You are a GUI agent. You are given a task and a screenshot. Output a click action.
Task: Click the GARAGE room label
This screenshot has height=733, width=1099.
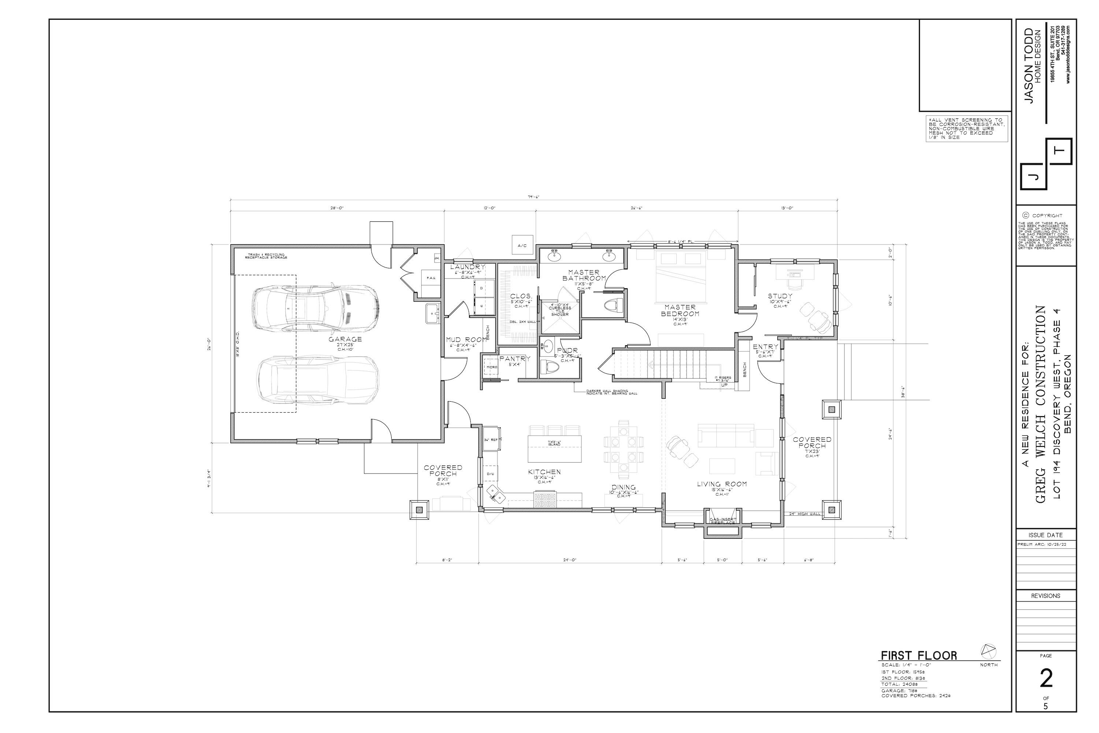click(345, 339)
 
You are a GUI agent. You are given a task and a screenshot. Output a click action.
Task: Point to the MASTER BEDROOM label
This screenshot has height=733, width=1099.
click(680, 310)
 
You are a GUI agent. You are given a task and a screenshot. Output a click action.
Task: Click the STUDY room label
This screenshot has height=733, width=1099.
click(780, 296)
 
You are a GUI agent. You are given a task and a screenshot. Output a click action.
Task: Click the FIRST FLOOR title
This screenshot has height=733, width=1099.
click(919, 655)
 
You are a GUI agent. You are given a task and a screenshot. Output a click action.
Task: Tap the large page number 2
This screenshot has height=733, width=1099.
click(1046, 678)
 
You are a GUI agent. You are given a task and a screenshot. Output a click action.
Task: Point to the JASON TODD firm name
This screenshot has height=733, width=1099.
click(1029, 66)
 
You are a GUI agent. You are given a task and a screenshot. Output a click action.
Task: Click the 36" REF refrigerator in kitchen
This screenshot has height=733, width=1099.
click(490, 439)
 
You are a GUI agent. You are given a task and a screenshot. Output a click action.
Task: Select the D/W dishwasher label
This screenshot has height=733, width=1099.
click(490, 474)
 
